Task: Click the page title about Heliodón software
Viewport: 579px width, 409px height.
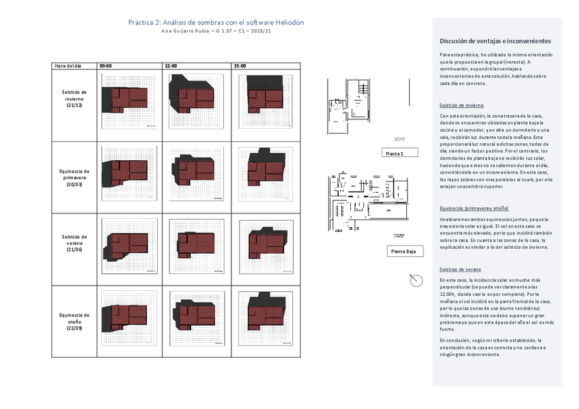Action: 216,22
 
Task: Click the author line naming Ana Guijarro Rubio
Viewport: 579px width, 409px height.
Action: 216,32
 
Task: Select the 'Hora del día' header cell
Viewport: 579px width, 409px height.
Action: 68,65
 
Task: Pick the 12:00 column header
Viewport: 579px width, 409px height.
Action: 171,65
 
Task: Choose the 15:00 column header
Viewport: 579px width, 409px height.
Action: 240,65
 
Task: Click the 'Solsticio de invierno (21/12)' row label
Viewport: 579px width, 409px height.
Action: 74,99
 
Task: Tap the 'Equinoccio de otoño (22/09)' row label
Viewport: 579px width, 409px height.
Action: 74,318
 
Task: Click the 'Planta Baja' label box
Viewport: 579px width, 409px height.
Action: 403,252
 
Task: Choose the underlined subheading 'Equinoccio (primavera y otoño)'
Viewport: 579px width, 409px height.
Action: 474,208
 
